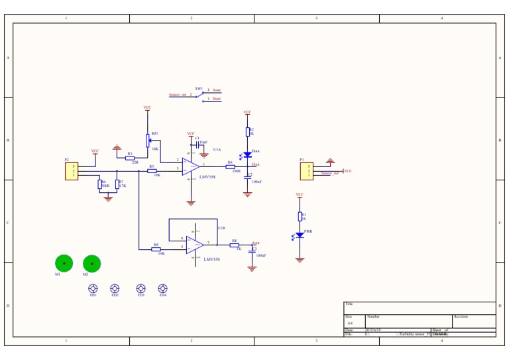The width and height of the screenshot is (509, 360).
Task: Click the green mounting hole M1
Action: click(64, 263)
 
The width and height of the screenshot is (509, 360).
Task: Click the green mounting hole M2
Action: click(92, 264)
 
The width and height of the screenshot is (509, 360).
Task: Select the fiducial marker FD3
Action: click(141, 288)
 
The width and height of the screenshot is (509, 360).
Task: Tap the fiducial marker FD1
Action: click(93, 288)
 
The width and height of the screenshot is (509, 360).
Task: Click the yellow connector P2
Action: click(72, 171)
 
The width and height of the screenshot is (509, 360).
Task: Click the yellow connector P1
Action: click(306, 171)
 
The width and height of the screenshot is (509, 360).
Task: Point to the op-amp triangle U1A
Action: click(191, 166)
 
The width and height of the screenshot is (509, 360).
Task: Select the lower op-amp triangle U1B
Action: click(195, 245)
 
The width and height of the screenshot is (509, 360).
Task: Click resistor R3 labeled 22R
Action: click(130, 158)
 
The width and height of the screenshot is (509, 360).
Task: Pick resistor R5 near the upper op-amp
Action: click(152, 171)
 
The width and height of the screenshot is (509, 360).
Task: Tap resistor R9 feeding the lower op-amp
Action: click(156, 249)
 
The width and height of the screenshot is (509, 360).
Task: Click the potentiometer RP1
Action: click(148, 140)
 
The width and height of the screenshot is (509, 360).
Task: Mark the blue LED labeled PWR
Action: click(300, 235)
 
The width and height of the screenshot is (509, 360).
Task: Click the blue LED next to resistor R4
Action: click(248, 155)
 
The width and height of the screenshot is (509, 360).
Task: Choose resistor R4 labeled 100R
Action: click(230, 167)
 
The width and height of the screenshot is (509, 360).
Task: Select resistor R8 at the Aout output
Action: click(234, 245)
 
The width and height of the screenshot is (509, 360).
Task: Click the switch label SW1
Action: click(199, 88)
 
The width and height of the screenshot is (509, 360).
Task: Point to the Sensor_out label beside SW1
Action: click(178, 95)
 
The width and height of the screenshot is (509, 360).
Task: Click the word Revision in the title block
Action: click(461, 317)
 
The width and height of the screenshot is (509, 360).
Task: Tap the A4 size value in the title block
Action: click(351, 323)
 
